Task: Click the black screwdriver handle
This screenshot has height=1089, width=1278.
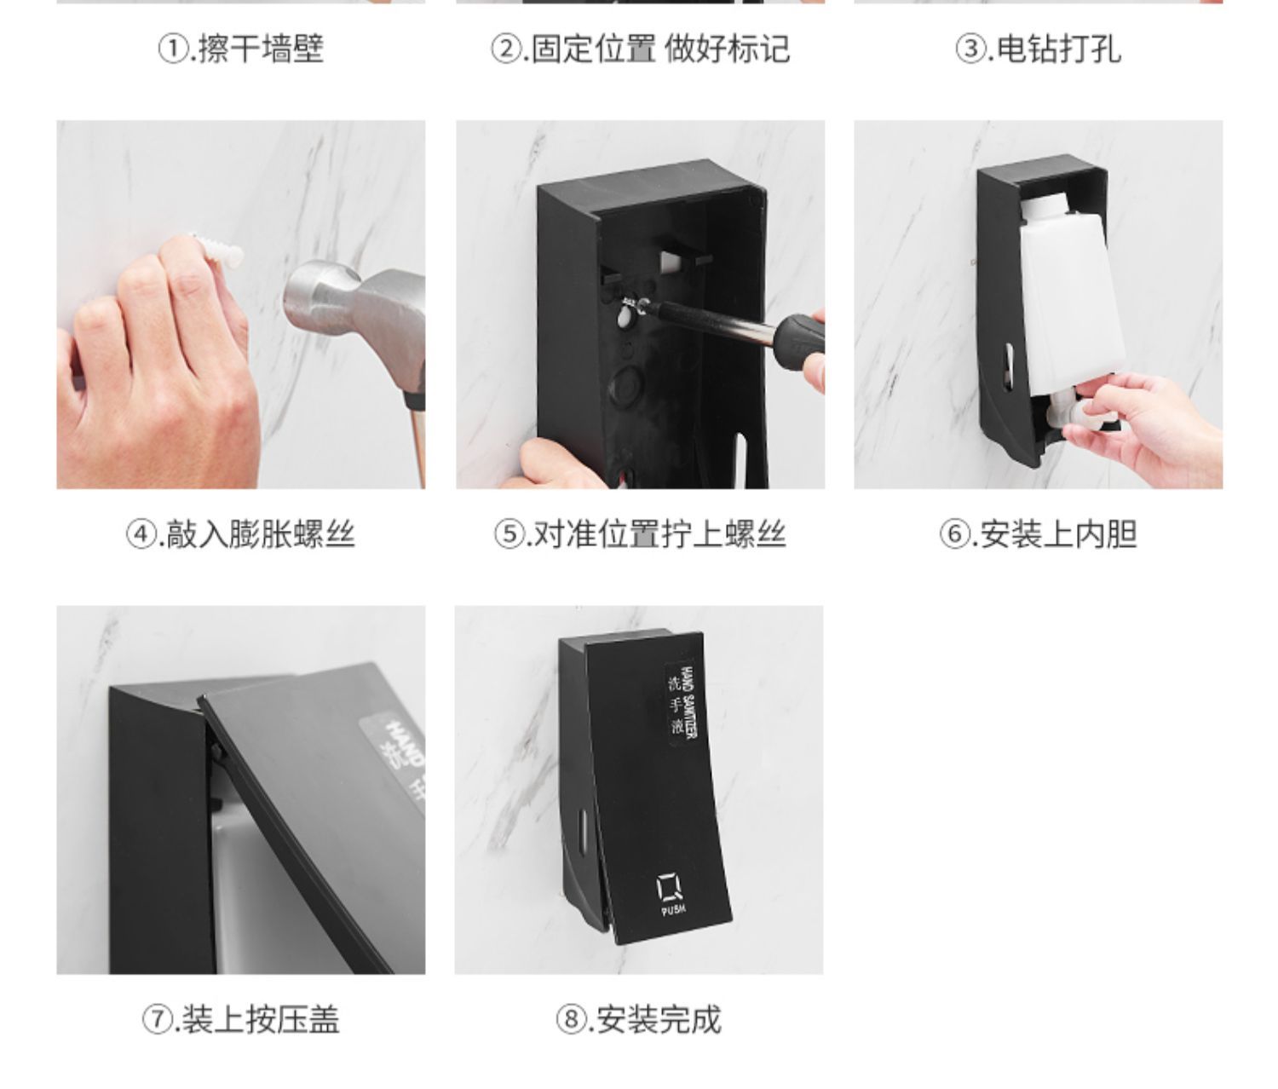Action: pyautogui.click(x=797, y=343)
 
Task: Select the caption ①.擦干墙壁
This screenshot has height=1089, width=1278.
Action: pyautogui.click(x=241, y=49)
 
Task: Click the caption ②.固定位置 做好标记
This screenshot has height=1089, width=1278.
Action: pyautogui.click(x=640, y=49)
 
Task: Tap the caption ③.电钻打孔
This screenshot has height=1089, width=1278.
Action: pyautogui.click(x=1038, y=49)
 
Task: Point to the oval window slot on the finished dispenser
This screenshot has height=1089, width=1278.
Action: pyautogui.click(x=583, y=827)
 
